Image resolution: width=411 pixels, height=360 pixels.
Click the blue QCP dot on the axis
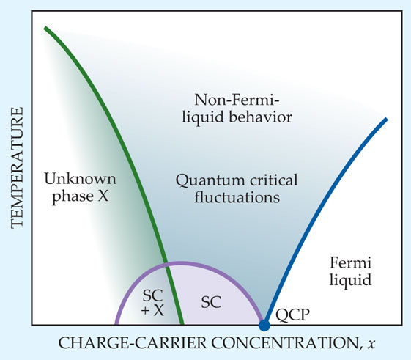(x=264, y=326)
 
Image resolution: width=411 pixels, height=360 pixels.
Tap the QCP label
(x=292, y=315)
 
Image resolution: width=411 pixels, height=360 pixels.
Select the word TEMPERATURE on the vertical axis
(x=18, y=168)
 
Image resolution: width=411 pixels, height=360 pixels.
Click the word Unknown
(x=80, y=179)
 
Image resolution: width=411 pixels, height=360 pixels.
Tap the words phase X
(x=81, y=196)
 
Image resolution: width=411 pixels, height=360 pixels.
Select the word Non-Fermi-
(x=237, y=100)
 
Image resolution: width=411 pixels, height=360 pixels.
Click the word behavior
(x=261, y=117)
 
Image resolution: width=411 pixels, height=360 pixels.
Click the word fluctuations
(x=237, y=197)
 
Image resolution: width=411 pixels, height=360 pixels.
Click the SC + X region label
(x=153, y=303)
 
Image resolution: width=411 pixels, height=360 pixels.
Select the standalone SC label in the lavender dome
(x=211, y=302)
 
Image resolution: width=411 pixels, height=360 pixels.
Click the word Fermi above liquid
(x=350, y=262)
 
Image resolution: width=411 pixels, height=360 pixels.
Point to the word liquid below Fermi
(x=350, y=279)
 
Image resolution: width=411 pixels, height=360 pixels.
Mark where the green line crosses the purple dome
(x=166, y=263)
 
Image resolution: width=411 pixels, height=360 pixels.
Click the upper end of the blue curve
(x=386, y=120)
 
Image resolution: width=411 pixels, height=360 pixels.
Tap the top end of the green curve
(x=45, y=28)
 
